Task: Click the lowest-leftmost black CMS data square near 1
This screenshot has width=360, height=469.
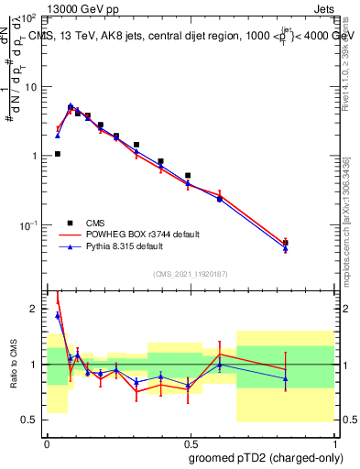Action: (x=58, y=154)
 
